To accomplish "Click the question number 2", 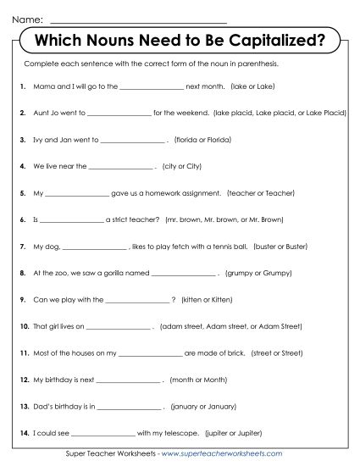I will [21, 112].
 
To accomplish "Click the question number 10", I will [23, 326].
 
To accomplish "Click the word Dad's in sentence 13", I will [42, 406].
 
